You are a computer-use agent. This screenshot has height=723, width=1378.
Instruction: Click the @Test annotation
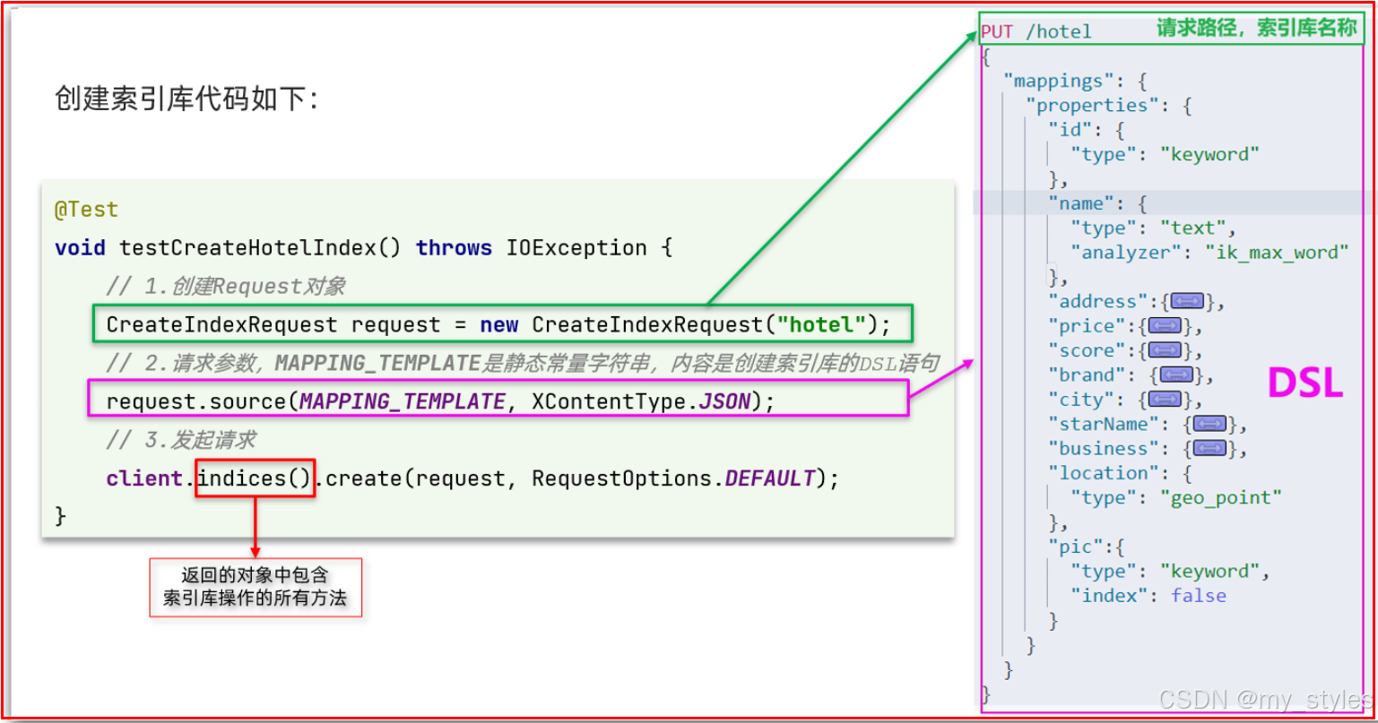tap(86, 210)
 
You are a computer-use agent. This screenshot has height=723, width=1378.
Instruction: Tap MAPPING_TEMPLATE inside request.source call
tap(402, 401)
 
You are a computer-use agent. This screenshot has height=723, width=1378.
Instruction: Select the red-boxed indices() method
tap(255, 478)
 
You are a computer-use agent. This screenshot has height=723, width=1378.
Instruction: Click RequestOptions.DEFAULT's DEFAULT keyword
tap(770, 478)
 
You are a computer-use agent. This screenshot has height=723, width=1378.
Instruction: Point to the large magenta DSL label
tap(1304, 383)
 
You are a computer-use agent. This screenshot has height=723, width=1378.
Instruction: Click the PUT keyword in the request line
tap(997, 32)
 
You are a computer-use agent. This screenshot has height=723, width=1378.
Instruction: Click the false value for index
tap(1198, 596)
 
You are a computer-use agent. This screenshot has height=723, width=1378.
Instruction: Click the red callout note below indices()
tap(255, 588)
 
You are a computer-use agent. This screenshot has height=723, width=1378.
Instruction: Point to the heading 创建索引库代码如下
tap(186, 99)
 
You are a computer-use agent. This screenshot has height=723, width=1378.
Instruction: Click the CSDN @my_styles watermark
tap(1264, 699)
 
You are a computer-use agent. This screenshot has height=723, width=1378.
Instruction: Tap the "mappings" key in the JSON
tap(1057, 82)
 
